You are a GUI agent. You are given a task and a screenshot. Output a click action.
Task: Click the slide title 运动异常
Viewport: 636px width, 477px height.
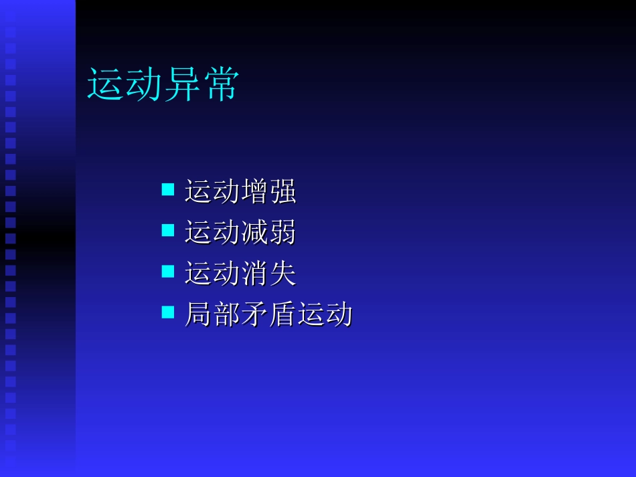coord(163,86)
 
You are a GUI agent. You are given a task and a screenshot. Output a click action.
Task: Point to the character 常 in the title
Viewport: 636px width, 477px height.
coord(220,86)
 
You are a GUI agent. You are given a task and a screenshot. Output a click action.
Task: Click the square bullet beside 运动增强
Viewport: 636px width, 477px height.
coord(168,190)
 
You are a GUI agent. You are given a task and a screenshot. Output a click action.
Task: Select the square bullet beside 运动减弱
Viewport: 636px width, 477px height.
coord(168,231)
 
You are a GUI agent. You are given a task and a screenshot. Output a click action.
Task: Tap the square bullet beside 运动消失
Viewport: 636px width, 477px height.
coord(168,272)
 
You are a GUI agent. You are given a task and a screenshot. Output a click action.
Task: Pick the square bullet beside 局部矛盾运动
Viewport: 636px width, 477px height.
coord(168,312)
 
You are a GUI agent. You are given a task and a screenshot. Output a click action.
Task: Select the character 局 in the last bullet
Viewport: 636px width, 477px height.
coord(198,314)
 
